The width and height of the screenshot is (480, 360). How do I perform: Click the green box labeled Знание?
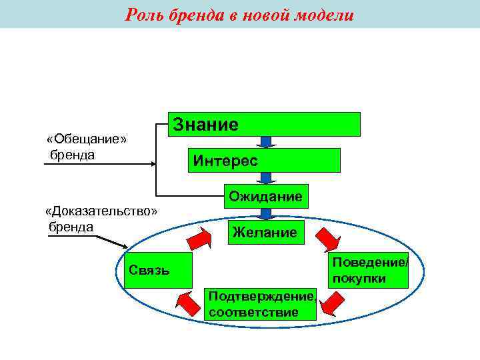point(263,124)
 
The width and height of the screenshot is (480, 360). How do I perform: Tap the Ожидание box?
point(266,196)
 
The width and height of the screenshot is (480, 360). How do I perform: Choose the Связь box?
point(158,270)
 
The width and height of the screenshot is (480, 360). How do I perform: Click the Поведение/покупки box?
point(369,270)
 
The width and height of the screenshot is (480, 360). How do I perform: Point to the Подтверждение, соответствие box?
point(261,305)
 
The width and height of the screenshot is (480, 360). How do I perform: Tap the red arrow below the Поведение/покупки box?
point(329,305)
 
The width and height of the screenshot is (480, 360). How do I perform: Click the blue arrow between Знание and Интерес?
point(266,142)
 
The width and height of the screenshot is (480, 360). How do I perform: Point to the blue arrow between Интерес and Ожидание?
point(266,178)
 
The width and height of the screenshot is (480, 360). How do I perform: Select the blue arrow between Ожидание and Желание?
point(266,214)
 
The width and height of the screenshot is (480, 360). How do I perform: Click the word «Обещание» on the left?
point(87,139)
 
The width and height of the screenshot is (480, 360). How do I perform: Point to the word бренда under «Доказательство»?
point(71,226)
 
